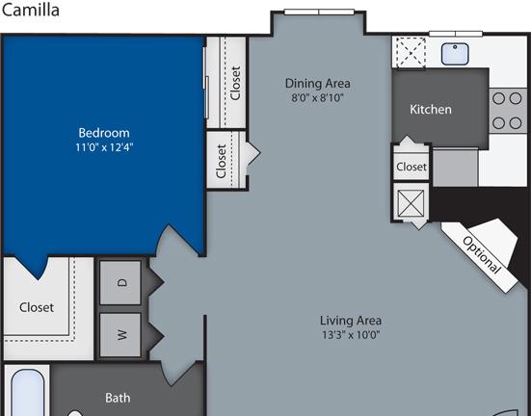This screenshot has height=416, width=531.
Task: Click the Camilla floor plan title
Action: pyautogui.click(x=31, y=10)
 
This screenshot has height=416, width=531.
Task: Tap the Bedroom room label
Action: pyautogui.click(x=104, y=133)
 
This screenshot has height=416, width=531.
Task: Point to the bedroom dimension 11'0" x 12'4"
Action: pyautogui.click(x=104, y=147)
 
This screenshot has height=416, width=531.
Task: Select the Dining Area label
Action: pyautogui.click(x=318, y=84)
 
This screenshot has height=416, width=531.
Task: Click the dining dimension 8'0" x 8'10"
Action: pyautogui.click(x=318, y=98)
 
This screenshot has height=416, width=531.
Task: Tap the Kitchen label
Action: pyautogui.click(x=431, y=110)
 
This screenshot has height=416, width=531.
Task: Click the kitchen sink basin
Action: pyautogui.click(x=455, y=54)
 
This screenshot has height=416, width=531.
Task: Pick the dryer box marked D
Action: pyautogui.click(x=120, y=283)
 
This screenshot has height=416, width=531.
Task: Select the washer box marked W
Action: pyautogui.click(x=120, y=335)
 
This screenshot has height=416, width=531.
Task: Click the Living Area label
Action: pyautogui.click(x=351, y=321)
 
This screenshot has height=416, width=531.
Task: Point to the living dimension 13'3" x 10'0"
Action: pyautogui.click(x=351, y=335)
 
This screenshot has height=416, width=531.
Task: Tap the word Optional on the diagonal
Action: pyautogui.click(x=481, y=255)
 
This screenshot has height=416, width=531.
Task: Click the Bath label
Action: pyautogui.click(x=118, y=398)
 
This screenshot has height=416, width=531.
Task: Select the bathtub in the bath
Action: pyautogui.click(x=28, y=393)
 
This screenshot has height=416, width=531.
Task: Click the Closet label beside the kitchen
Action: pyautogui.click(x=412, y=167)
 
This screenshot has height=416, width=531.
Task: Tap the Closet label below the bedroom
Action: pyautogui.click(x=37, y=307)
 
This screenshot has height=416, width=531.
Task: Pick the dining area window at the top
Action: pyautogui.click(x=319, y=13)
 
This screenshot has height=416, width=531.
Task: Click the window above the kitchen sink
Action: pyautogui.click(x=456, y=34)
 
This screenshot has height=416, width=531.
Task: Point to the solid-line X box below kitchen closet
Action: pyautogui.click(x=411, y=203)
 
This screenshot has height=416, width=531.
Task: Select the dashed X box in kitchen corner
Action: pyautogui.click(x=411, y=52)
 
